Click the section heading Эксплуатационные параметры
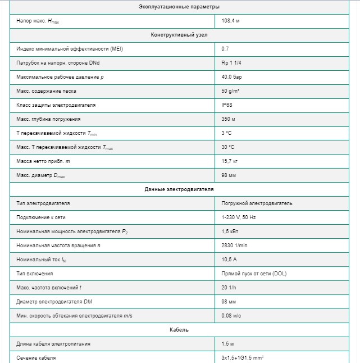pyautogui.click(x=179, y=7)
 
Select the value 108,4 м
pyautogui.click(x=231, y=21)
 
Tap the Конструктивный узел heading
pyautogui.click(x=179, y=35)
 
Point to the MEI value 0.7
pyautogui.click(x=225, y=49)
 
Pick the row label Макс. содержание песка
pyautogui.click(x=47, y=91)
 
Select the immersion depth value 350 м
pyautogui.click(x=229, y=119)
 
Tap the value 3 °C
pyautogui.click(x=227, y=133)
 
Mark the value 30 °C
pyautogui.click(x=228, y=147)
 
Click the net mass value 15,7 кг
pyautogui.click(x=230, y=161)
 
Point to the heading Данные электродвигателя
pyautogui.click(x=179, y=189)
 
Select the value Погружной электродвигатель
pyautogui.click(x=257, y=203)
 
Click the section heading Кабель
pyautogui.click(x=179, y=330)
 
